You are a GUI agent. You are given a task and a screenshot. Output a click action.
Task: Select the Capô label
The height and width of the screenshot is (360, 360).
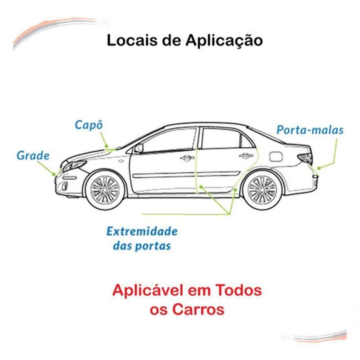coord(89,125)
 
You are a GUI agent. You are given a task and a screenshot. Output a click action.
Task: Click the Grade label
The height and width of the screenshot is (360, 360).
coord(33,155)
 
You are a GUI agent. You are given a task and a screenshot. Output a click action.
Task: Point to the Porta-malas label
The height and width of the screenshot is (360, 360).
coord(310,130)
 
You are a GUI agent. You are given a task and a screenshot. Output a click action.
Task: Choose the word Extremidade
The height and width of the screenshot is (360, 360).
coord(142,231)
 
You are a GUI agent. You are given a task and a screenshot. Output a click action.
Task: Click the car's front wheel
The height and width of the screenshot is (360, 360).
coord(105,190)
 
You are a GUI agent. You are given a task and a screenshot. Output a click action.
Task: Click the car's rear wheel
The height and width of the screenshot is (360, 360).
coord(262,190)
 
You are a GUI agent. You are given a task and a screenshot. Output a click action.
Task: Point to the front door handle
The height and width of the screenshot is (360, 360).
coord(187,158)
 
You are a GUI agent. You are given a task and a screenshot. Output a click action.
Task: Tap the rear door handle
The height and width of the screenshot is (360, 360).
coord(246,156)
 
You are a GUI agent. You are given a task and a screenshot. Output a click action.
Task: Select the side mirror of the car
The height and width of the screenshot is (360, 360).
coord(139,148)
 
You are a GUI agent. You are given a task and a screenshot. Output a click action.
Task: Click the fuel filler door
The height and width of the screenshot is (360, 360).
coord(275,156)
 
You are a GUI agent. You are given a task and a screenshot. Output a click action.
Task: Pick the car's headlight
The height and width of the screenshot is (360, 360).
coord(74,166)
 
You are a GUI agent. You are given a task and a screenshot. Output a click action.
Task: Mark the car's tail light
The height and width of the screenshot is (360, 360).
coord(305,158)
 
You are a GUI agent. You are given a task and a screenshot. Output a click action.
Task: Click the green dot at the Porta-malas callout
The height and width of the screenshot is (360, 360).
coord(319,168)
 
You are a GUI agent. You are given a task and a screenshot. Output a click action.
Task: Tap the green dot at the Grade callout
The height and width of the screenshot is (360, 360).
coord(54,174)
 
